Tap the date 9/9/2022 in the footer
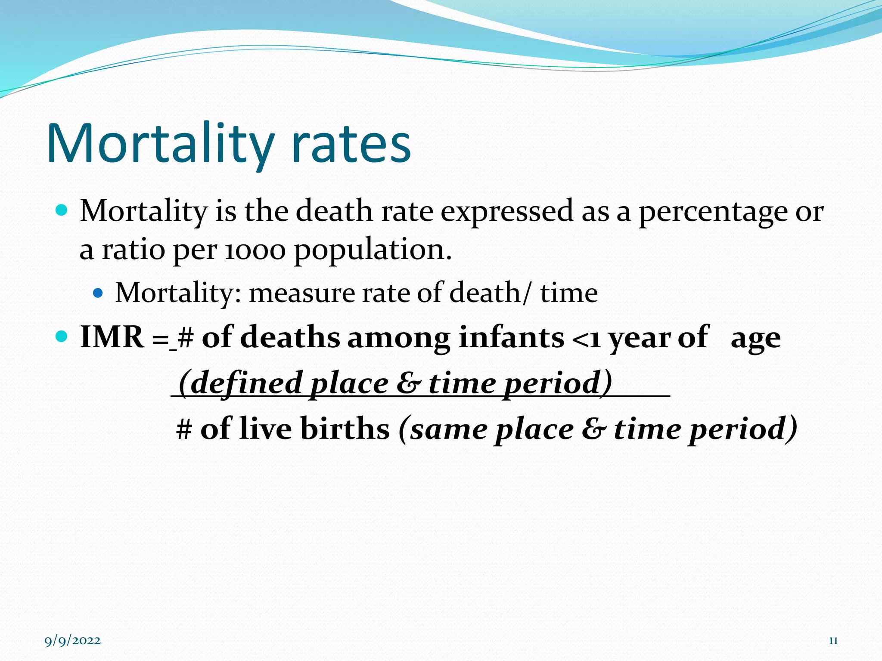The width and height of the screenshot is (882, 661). (73, 641)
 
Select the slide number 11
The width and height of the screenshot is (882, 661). (833, 641)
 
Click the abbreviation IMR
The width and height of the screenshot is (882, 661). (112, 337)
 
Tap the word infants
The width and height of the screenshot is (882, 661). (511, 337)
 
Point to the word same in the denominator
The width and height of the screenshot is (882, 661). (448, 429)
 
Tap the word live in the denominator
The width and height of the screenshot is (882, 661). (267, 429)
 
